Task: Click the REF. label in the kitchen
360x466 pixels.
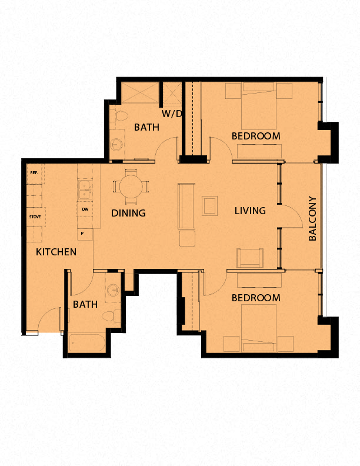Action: tap(34, 172)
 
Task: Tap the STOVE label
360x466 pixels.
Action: tap(35, 217)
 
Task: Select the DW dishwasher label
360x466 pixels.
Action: tap(85, 209)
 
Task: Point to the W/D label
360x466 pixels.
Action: tap(171, 114)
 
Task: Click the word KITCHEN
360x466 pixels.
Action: tap(56, 252)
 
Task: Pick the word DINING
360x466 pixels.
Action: tap(128, 213)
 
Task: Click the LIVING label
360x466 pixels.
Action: tap(250, 211)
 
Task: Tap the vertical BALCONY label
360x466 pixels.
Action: tap(312, 218)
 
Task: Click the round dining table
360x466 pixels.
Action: tap(131, 187)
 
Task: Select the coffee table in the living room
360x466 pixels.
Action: tap(209, 206)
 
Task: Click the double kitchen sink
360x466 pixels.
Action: tap(85, 189)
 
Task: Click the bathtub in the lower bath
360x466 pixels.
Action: tap(86, 343)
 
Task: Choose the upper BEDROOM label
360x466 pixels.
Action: tap(256, 136)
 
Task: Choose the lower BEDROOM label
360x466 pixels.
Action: tap(256, 298)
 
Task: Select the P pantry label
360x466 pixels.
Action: tap(82, 234)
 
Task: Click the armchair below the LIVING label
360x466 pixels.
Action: tap(250, 258)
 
